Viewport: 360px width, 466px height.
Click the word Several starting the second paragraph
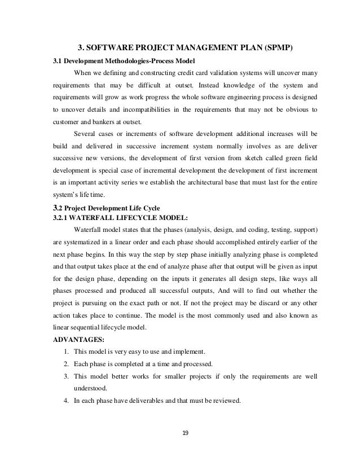click(86, 134)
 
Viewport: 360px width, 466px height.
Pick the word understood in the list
click(91, 388)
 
